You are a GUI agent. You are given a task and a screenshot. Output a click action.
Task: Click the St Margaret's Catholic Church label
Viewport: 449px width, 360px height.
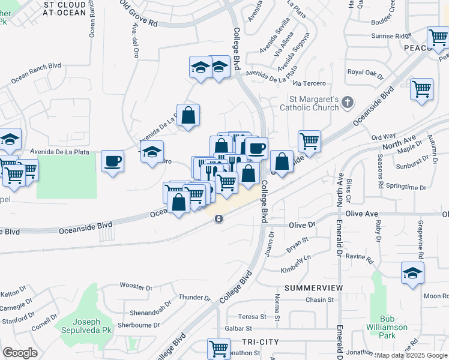pyautogui.click(x=306, y=103)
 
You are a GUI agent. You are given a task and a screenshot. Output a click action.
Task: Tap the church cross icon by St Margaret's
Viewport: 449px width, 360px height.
pyautogui.click(x=346, y=103)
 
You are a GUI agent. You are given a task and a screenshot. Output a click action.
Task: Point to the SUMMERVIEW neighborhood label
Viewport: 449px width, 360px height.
pyautogui.click(x=313, y=288)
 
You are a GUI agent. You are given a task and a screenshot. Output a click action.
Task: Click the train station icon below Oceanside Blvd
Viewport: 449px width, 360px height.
pyautogui.click(x=218, y=219)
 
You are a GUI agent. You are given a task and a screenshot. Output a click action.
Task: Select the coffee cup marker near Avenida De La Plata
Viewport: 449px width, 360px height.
pyautogui.click(x=112, y=162)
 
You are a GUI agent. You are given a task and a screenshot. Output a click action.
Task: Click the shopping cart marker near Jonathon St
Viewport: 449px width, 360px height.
pyautogui.click(x=218, y=348)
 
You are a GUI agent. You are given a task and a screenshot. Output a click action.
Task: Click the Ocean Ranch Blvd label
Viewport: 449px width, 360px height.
pyautogui.click(x=36, y=72)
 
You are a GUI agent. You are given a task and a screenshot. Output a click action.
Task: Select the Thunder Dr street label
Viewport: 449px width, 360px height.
pyautogui.click(x=195, y=297)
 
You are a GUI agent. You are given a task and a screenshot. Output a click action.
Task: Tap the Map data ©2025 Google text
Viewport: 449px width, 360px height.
pyautogui.click(x=411, y=355)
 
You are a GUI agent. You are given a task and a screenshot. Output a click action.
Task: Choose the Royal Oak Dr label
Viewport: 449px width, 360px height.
pyautogui.click(x=365, y=73)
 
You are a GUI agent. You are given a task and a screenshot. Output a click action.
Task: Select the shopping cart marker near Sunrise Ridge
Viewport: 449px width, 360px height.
pyautogui.click(x=438, y=38)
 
